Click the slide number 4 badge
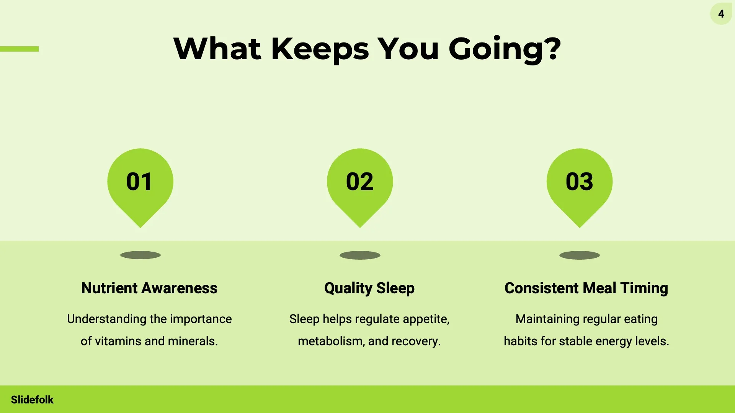click(x=721, y=14)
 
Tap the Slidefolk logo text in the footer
click(x=32, y=400)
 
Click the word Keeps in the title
click(x=320, y=49)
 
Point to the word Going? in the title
click(x=505, y=49)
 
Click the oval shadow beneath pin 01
click(x=140, y=255)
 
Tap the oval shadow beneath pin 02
click(x=360, y=255)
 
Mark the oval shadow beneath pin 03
click(x=580, y=255)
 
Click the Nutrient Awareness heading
click(x=149, y=288)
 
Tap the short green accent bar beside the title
click(x=19, y=49)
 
